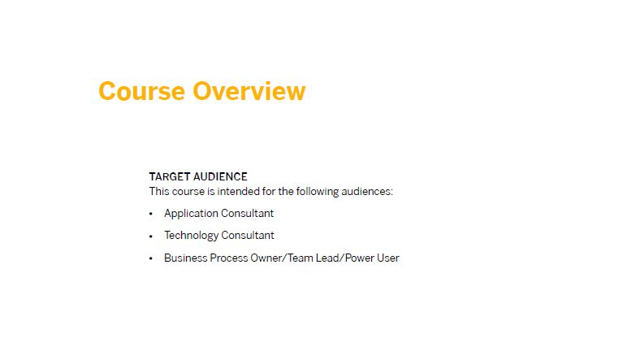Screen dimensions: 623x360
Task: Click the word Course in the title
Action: click(x=142, y=91)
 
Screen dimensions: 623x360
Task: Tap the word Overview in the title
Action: click(x=249, y=91)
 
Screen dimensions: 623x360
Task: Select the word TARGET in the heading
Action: click(x=170, y=176)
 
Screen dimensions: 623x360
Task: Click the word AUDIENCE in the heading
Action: click(x=220, y=176)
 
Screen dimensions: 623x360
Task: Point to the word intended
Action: click(x=238, y=192)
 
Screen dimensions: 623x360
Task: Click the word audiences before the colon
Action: click(x=367, y=192)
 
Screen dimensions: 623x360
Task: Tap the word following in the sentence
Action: click(x=318, y=193)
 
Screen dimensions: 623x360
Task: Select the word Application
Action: click(x=191, y=214)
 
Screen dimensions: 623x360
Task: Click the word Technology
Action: click(x=191, y=236)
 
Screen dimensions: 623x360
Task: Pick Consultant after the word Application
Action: click(x=247, y=214)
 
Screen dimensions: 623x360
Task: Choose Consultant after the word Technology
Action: click(x=248, y=235)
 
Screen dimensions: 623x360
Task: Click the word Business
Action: click(x=185, y=258)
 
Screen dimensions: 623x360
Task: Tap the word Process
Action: click(x=229, y=258)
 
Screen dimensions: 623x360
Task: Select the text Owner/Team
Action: click(x=282, y=258)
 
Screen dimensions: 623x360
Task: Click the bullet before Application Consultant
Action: click(x=150, y=214)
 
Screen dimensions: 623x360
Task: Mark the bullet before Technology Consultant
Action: click(x=150, y=236)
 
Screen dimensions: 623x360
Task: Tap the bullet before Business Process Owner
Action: click(x=150, y=258)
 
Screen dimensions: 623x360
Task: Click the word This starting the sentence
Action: click(x=159, y=192)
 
